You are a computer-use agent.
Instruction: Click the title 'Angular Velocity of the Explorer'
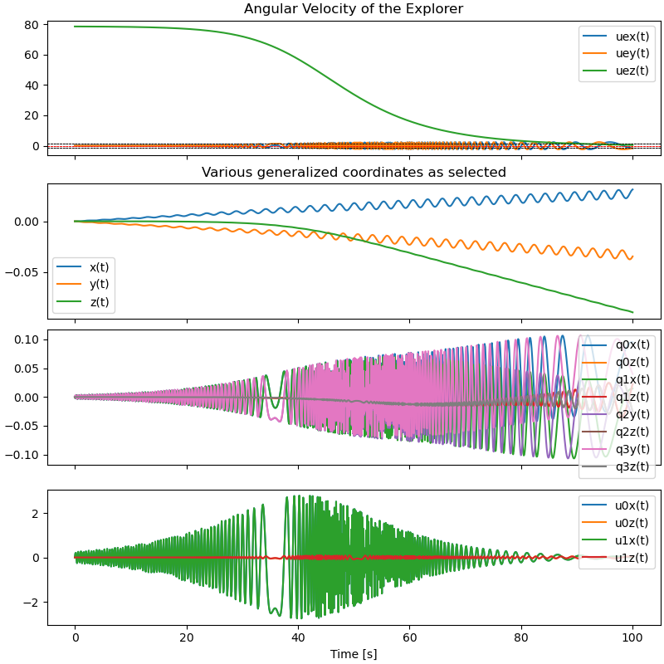pyautogui.click(x=354, y=9)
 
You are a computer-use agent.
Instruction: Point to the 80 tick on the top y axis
pyautogui.click(x=34, y=25)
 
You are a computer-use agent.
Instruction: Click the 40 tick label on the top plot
pyautogui.click(x=34, y=85)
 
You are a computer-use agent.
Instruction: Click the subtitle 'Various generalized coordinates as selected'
pyautogui.click(x=354, y=173)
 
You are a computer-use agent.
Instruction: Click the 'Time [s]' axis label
pyautogui.click(x=354, y=654)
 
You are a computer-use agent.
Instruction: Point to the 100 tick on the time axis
pyautogui.click(x=632, y=638)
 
